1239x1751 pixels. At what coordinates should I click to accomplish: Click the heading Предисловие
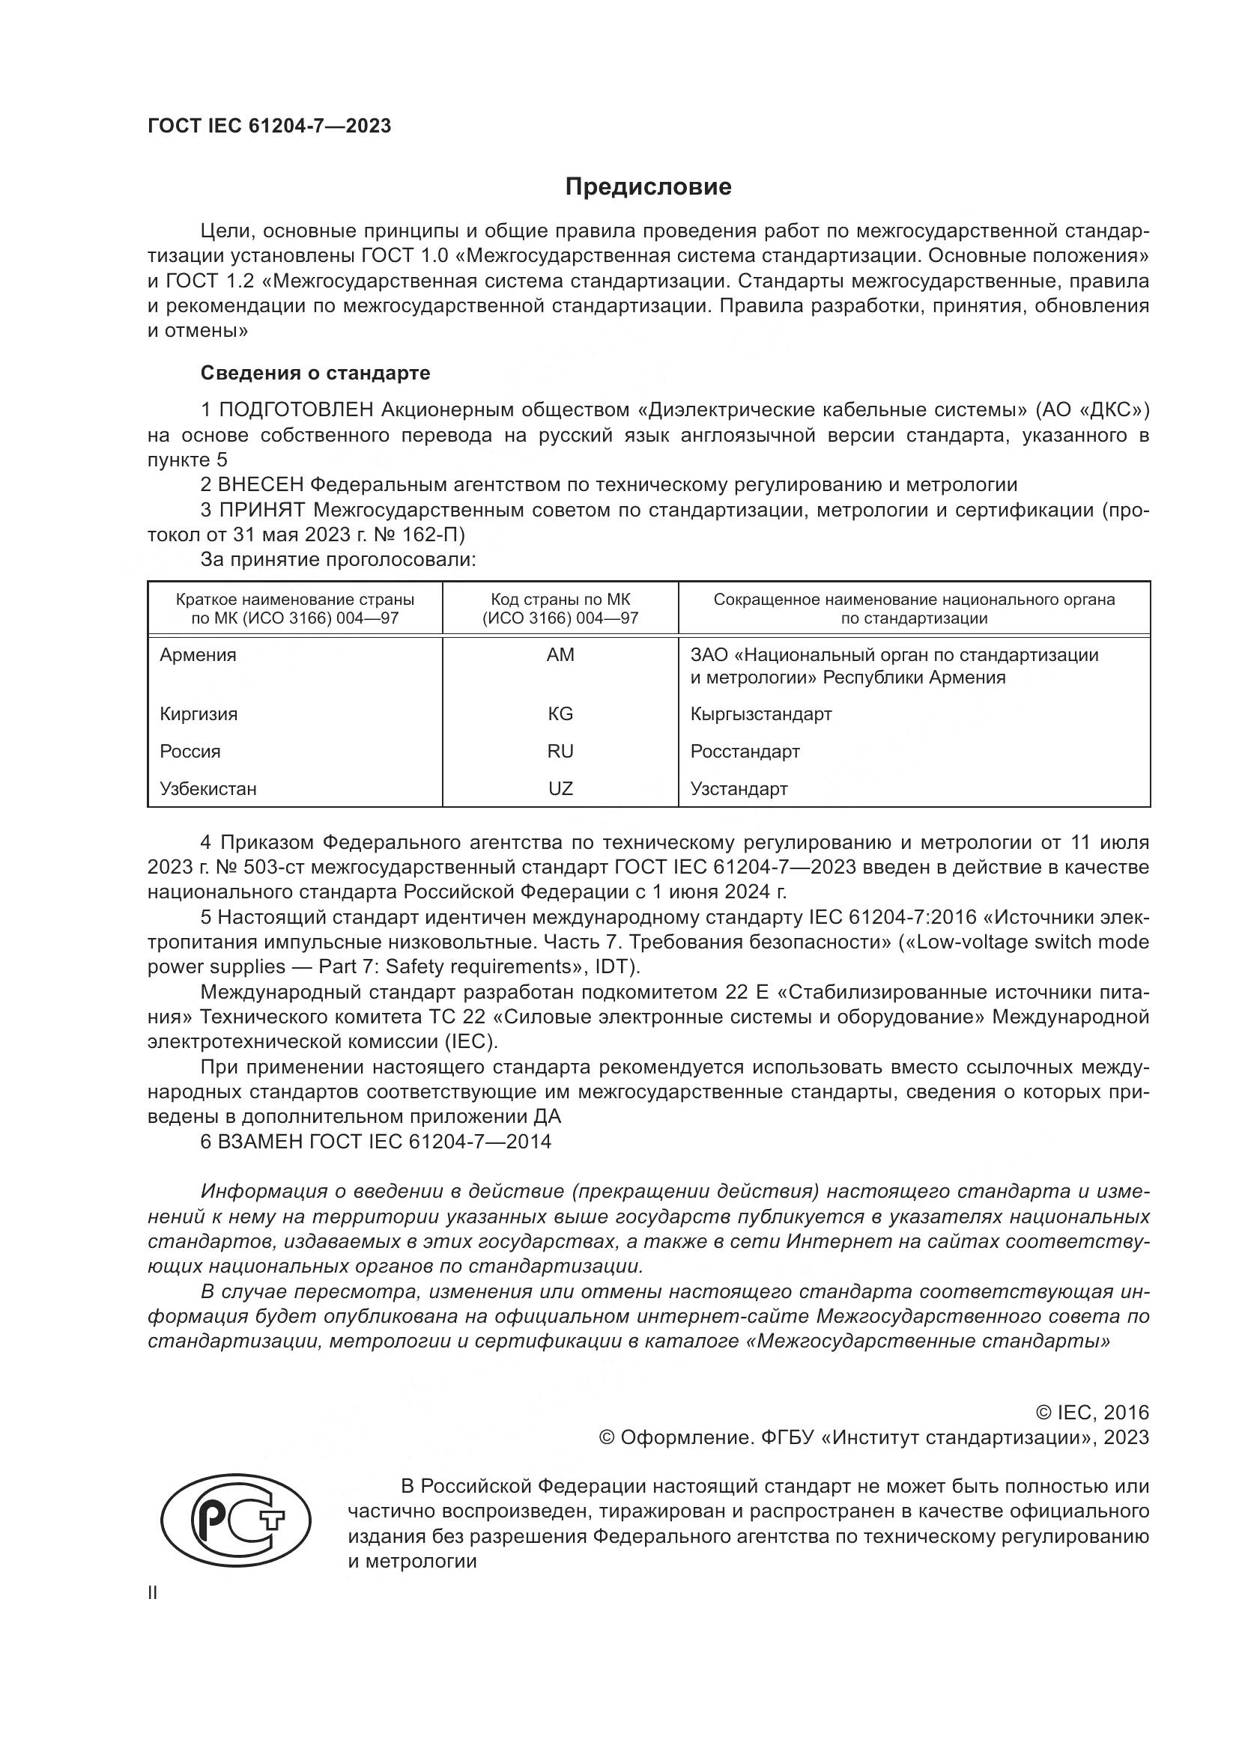point(648,187)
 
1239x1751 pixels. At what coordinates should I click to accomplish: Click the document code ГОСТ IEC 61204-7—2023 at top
point(270,127)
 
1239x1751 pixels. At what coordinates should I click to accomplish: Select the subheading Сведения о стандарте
point(315,373)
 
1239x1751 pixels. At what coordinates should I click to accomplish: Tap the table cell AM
point(560,655)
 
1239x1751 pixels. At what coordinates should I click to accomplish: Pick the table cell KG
point(560,714)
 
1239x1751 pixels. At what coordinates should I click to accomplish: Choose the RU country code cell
point(560,751)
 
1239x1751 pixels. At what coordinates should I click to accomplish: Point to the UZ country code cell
point(560,788)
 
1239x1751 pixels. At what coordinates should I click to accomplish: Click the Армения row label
point(199,655)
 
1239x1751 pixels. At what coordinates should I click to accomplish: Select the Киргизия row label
point(199,714)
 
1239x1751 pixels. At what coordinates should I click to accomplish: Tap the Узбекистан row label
point(208,788)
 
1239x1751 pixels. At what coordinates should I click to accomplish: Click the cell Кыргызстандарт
point(760,714)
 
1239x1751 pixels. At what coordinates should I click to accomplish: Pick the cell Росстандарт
point(745,751)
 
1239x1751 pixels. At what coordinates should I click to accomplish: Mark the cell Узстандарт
point(739,788)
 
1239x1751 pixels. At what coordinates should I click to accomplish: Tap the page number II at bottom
point(153,1593)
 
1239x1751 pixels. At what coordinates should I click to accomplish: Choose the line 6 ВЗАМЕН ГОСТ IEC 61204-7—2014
point(375,1142)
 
